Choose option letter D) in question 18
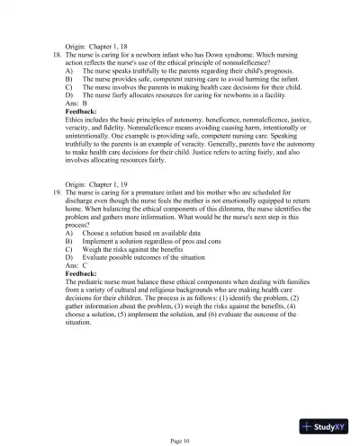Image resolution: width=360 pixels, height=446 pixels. tap(69, 95)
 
